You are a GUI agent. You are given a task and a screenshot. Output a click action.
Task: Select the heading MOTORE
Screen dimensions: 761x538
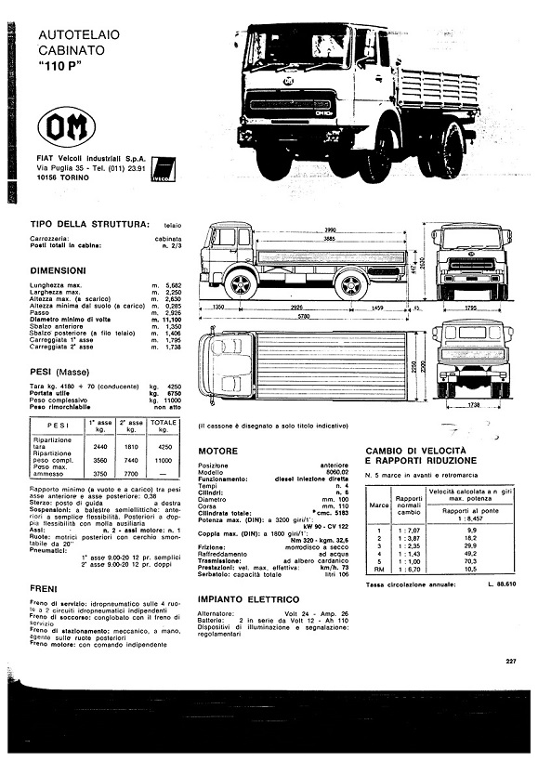click(218, 451)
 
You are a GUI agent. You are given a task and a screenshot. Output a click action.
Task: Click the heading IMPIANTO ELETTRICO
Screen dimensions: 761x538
click(247, 599)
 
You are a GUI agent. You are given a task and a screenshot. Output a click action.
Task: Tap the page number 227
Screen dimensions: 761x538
click(510, 662)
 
